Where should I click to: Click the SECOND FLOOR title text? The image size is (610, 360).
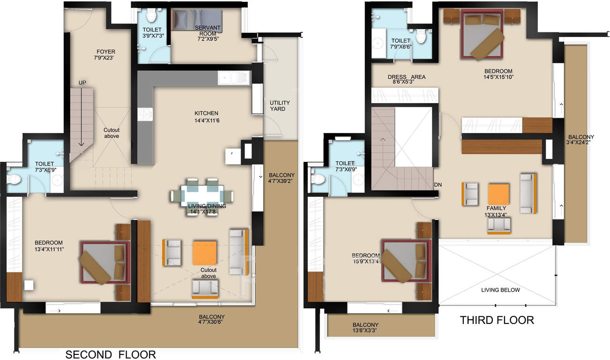click(x=110, y=354)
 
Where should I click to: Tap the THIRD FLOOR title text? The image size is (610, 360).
click(x=497, y=320)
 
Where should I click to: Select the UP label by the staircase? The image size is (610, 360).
click(x=82, y=83)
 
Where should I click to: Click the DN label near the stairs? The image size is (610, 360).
click(x=438, y=185)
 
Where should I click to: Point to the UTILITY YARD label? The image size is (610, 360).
click(x=280, y=106)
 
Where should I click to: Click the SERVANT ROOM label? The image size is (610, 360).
click(x=207, y=31)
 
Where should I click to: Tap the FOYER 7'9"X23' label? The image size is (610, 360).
click(x=105, y=55)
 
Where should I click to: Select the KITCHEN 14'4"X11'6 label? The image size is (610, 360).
click(x=207, y=117)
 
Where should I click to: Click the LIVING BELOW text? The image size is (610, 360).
click(x=500, y=290)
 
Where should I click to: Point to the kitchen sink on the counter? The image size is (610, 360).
click(x=234, y=78)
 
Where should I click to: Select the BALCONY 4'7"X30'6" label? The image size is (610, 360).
click(x=211, y=320)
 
